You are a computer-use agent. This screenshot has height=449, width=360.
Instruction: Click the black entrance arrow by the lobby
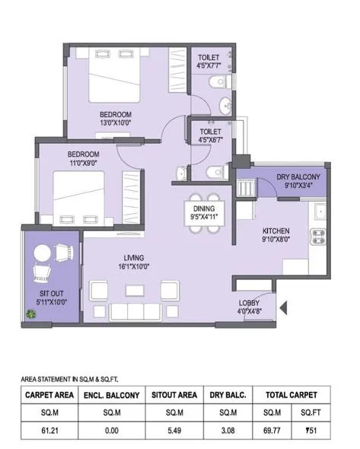coord(285,307)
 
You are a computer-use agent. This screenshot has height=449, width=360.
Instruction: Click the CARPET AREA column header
coord(49,395)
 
